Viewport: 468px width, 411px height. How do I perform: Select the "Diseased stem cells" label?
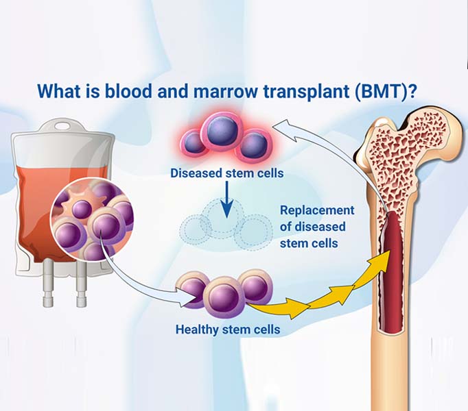(226, 173)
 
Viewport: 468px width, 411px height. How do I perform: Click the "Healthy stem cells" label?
(228, 329)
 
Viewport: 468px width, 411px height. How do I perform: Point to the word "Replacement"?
(317, 210)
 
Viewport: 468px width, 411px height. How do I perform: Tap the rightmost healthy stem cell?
(257, 287)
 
